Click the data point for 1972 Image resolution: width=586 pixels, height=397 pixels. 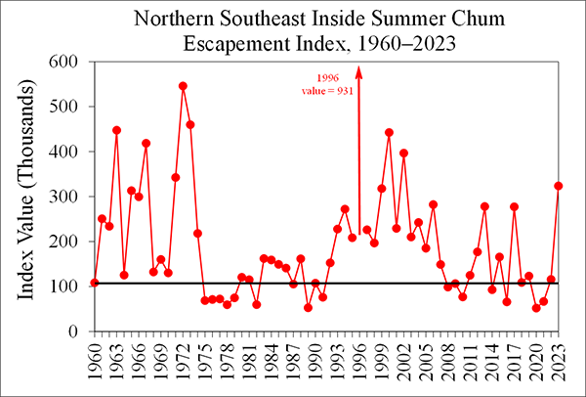pyautogui.click(x=183, y=86)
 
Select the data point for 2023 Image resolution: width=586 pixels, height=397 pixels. pyautogui.click(x=559, y=186)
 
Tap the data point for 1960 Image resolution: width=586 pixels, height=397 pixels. pyautogui.click(x=94, y=283)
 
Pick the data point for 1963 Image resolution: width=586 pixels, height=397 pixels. pyautogui.click(x=116, y=130)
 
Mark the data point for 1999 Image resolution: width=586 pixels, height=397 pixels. pyautogui.click(x=381, y=189)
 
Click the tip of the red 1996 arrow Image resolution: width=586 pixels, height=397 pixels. pyautogui.click(x=358, y=66)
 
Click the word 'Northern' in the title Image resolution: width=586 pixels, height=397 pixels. pyautogui.click(x=172, y=19)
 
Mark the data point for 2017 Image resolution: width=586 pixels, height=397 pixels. pyautogui.click(x=514, y=207)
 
